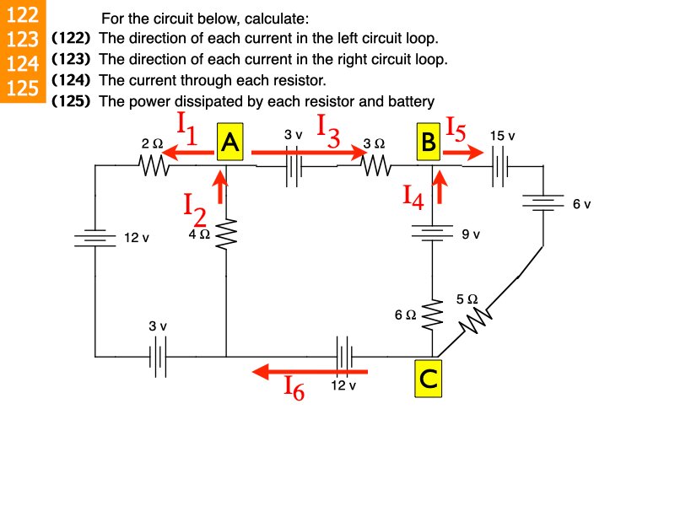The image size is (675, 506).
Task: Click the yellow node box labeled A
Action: point(229,143)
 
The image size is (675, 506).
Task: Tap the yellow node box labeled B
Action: point(429,143)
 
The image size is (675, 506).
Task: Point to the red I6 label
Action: point(294,387)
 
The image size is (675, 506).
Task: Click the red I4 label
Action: point(413,197)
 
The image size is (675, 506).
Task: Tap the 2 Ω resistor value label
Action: point(152,144)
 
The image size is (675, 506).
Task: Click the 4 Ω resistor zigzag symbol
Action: point(226,235)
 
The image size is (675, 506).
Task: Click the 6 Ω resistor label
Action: point(405,315)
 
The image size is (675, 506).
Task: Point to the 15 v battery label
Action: point(502,135)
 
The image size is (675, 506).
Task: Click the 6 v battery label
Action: point(582,205)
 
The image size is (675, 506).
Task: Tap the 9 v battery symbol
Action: point(433,233)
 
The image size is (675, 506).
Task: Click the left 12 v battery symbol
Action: point(94,238)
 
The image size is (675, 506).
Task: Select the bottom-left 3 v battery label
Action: point(158,326)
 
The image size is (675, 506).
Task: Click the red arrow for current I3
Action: point(308,152)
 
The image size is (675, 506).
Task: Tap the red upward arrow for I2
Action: point(222,187)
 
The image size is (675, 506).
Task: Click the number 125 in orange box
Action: point(22,88)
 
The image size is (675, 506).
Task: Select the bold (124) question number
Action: point(72,80)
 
